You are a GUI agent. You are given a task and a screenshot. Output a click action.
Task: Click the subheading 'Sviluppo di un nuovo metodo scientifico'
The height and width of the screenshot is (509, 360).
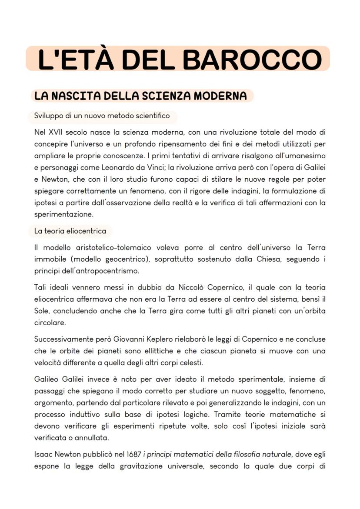tap(102, 116)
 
